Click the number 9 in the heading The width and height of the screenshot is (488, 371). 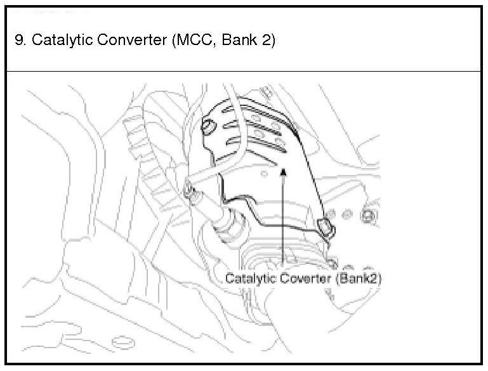point(18,40)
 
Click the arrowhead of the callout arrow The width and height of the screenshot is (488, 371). point(284,170)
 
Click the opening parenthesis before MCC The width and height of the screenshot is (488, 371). point(173,40)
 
